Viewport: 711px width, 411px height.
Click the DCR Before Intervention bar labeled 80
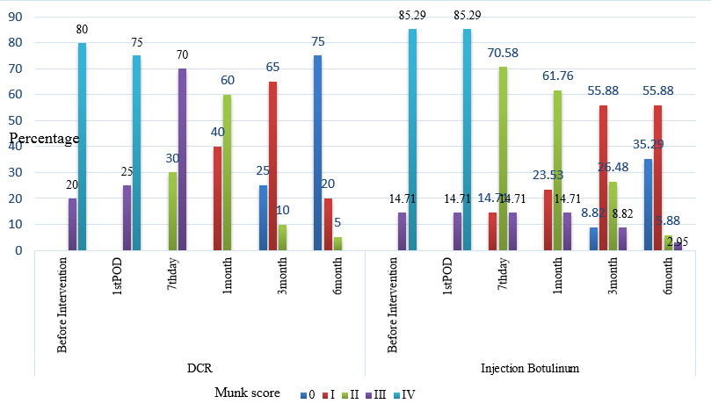pos(82,147)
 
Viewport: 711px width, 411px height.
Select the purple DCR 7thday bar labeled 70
pos(182,160)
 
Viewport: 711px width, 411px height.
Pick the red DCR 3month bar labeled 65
pos(272,166)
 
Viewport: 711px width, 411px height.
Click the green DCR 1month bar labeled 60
pos(228,172)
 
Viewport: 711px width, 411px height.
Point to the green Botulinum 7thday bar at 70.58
pos(502,159)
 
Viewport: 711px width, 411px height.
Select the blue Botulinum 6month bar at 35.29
pos(647,205)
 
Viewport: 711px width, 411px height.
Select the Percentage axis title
pos(44,139)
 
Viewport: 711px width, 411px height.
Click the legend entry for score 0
pos(307,395)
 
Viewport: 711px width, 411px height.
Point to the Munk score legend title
pos(248,393)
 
